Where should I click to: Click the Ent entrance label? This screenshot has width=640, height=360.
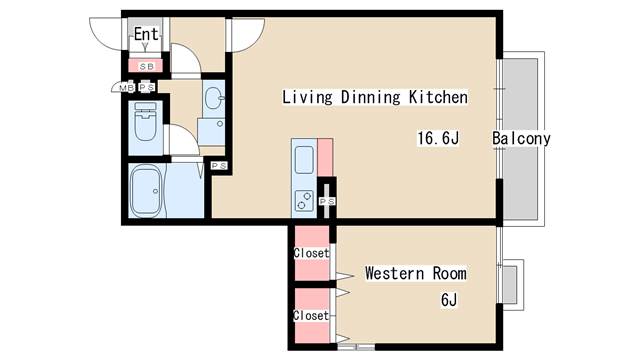(x=146, y=34)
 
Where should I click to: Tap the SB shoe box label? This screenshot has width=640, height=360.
(x=147, y=67)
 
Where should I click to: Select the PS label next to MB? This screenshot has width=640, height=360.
(x=147, y=87)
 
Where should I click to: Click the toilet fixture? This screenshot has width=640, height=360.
(x=145, y=121)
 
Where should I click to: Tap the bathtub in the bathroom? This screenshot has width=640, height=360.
(x=146, y=191)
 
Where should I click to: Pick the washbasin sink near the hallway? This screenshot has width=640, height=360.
(x=214, y=98)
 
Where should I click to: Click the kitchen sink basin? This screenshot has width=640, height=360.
(x=304, y=160)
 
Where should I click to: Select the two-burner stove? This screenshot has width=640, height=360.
(x=304, y=201)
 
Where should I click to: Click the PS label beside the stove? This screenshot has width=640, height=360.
(x=327, y=201)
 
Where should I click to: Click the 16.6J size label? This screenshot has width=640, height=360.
(x=438, y=138)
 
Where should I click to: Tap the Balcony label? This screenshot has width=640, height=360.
(x=521, y=138)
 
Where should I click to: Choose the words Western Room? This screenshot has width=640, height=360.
(x=416, y=273)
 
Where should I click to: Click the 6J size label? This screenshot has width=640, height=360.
(x=449, y=300)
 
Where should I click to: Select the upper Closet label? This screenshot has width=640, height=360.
(x=311, y=253)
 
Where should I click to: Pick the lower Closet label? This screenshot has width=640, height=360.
(x=311, y=315)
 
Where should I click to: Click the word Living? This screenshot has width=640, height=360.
(x=307, y=98)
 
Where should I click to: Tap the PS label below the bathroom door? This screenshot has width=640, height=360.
(x=219, y=166)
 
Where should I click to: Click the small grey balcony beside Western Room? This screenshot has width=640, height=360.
(x=510, y=284)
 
